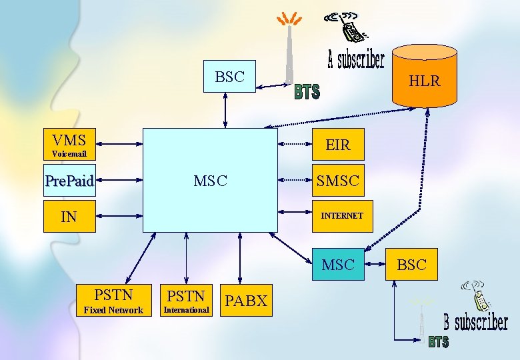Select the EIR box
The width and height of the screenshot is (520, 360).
pos(338,144)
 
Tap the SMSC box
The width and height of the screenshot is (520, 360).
pos(338,180)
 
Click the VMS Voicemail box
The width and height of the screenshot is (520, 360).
pos(69,144)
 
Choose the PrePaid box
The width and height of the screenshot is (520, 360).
pos(69,180)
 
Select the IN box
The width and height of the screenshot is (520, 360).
pos(69,216)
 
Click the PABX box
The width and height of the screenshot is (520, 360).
pos(246,300)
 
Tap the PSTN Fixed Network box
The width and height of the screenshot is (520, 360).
pos(113,300)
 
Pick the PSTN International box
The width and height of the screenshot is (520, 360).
pos(186,300)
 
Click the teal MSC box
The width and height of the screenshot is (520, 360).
pos(338,265)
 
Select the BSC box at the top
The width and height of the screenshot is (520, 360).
pos(229,77)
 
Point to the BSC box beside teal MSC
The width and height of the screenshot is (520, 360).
pos(411,265)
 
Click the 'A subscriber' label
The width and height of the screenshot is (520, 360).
pos(356,61)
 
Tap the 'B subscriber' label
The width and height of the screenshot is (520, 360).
pos(476,323)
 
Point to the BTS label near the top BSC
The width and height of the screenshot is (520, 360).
pos(307,92)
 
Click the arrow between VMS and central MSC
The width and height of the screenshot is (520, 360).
pos(119,144)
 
